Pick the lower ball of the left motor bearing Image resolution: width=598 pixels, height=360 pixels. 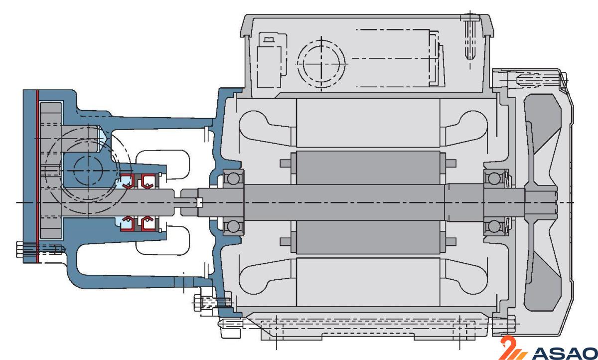232,227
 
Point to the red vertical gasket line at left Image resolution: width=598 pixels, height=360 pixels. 37,175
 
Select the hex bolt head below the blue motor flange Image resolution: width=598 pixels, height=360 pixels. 197,302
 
